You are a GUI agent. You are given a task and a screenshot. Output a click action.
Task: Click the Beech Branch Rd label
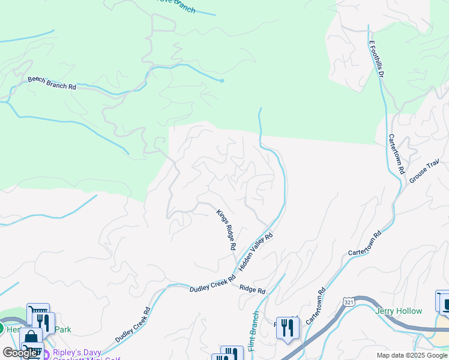pos(52,83)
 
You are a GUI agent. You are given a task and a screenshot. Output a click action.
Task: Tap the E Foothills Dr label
pos(376,59)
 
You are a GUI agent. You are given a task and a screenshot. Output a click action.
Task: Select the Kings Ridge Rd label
pos(226,229)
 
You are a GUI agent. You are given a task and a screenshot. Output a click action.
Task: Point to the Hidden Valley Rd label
pos(256,252)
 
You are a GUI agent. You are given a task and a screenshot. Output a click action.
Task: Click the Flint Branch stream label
pos(253,331)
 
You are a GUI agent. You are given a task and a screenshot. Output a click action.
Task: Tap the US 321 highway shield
pos(349,302)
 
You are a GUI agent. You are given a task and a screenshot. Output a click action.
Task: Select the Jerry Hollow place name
pos(399,311)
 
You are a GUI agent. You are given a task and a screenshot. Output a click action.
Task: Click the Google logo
pos(20,353)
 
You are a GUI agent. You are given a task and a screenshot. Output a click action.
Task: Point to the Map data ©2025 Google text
pos(412,355)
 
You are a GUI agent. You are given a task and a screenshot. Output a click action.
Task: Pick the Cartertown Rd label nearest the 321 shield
pos(316,306)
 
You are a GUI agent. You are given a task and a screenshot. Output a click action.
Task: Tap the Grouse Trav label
pos(425,171)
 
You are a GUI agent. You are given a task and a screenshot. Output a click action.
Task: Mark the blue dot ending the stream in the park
pos(222,80)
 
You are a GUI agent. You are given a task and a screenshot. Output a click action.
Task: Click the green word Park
pos(62,329)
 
